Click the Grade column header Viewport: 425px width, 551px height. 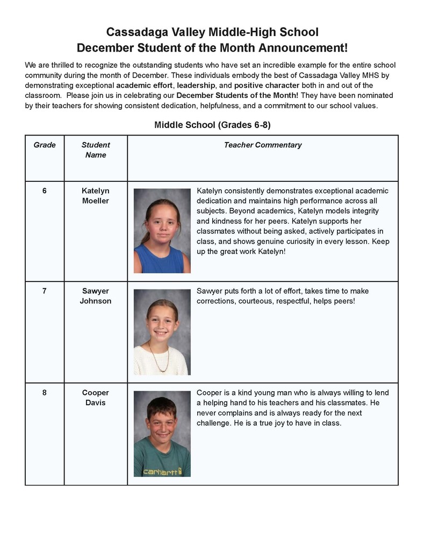tap(45, 145)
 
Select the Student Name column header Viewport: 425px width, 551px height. tap(96, 150)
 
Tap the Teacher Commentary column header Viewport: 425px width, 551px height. tap(263, 145)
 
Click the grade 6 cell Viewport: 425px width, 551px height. tap(45, 190)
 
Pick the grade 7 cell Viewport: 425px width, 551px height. tap(45, 291)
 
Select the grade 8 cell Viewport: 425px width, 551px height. tap(45, 392)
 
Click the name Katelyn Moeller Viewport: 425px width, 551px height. tap(96, 196)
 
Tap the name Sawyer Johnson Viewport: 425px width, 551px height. tap(96, 296)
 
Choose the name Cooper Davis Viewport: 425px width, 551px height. tap(96, 398)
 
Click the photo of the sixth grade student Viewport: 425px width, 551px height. tap(162, 230)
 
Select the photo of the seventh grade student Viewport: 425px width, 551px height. tap(162, 332)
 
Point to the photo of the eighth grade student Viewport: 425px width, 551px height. tap(162, 433)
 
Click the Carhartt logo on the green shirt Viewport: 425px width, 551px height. tap(161, 472)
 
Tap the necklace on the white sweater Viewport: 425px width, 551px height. tap(159, 356)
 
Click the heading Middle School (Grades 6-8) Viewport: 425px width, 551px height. tap(212, 125)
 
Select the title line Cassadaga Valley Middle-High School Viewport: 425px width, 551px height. tap(212, 32)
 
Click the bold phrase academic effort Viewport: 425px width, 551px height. tap(145, 86)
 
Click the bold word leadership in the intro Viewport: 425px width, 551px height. tap(196, 86)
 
